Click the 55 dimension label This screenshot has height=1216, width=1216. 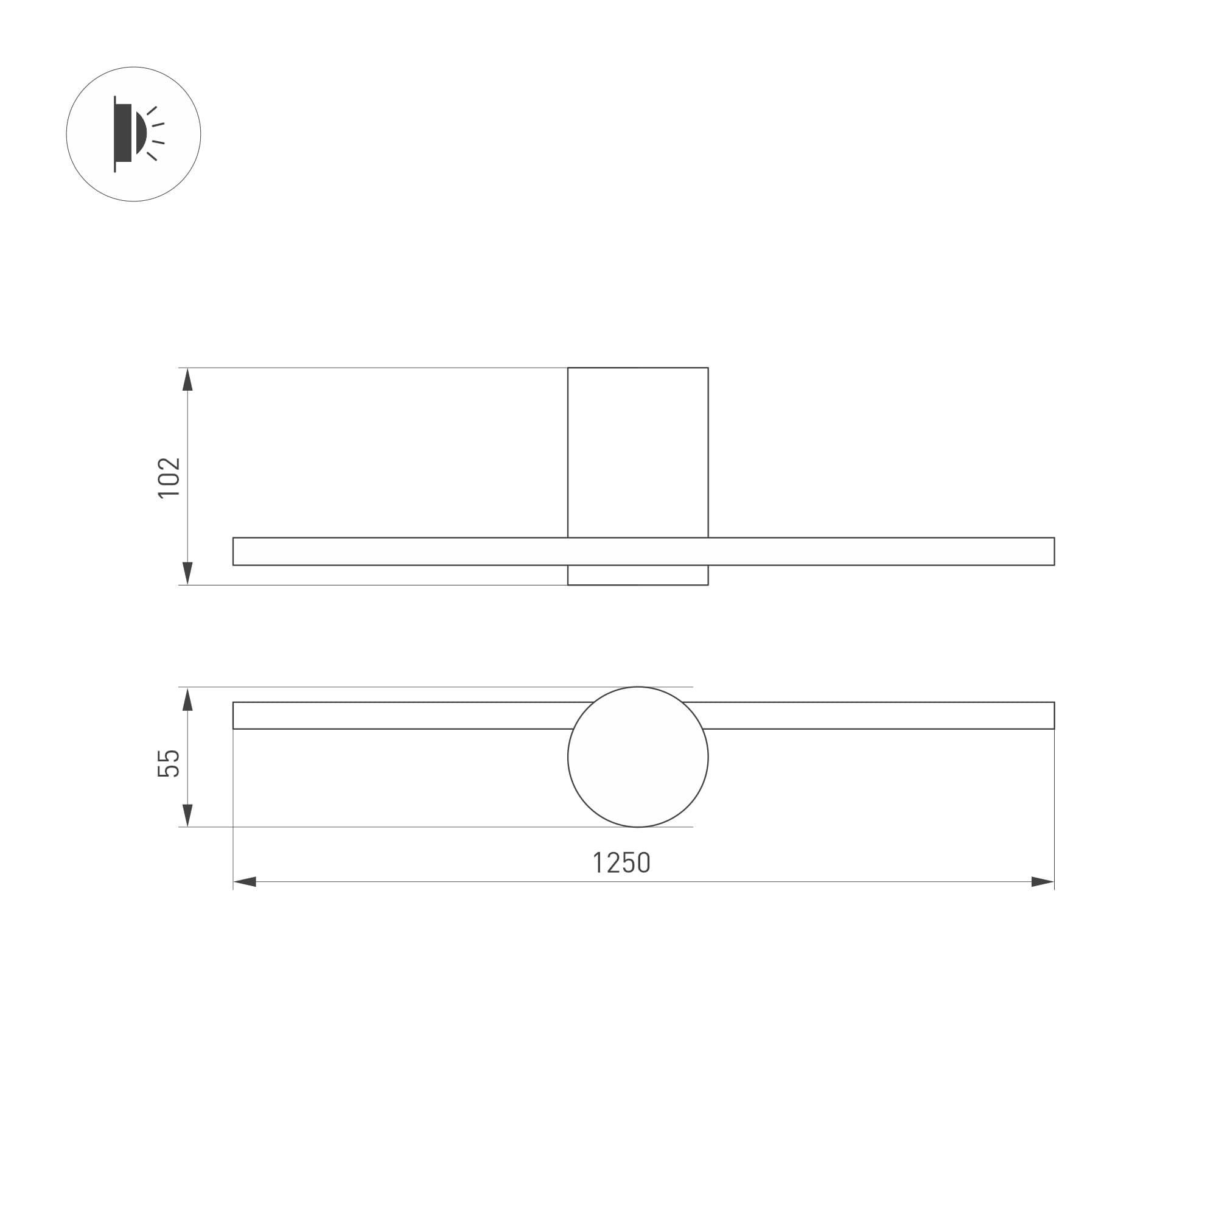(169, 763)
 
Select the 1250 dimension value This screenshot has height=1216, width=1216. (622, 863)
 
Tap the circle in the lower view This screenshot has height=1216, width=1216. (568, 757)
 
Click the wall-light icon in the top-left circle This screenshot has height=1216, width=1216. (135, 134)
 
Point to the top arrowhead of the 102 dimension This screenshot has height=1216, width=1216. (187, 380)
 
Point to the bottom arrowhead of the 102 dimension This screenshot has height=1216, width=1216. (187, 573)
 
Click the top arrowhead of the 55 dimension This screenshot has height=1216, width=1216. (187, 699)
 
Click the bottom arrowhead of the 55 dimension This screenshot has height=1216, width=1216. (187, 815)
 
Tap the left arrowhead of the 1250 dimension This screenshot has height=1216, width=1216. (245, 882)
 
